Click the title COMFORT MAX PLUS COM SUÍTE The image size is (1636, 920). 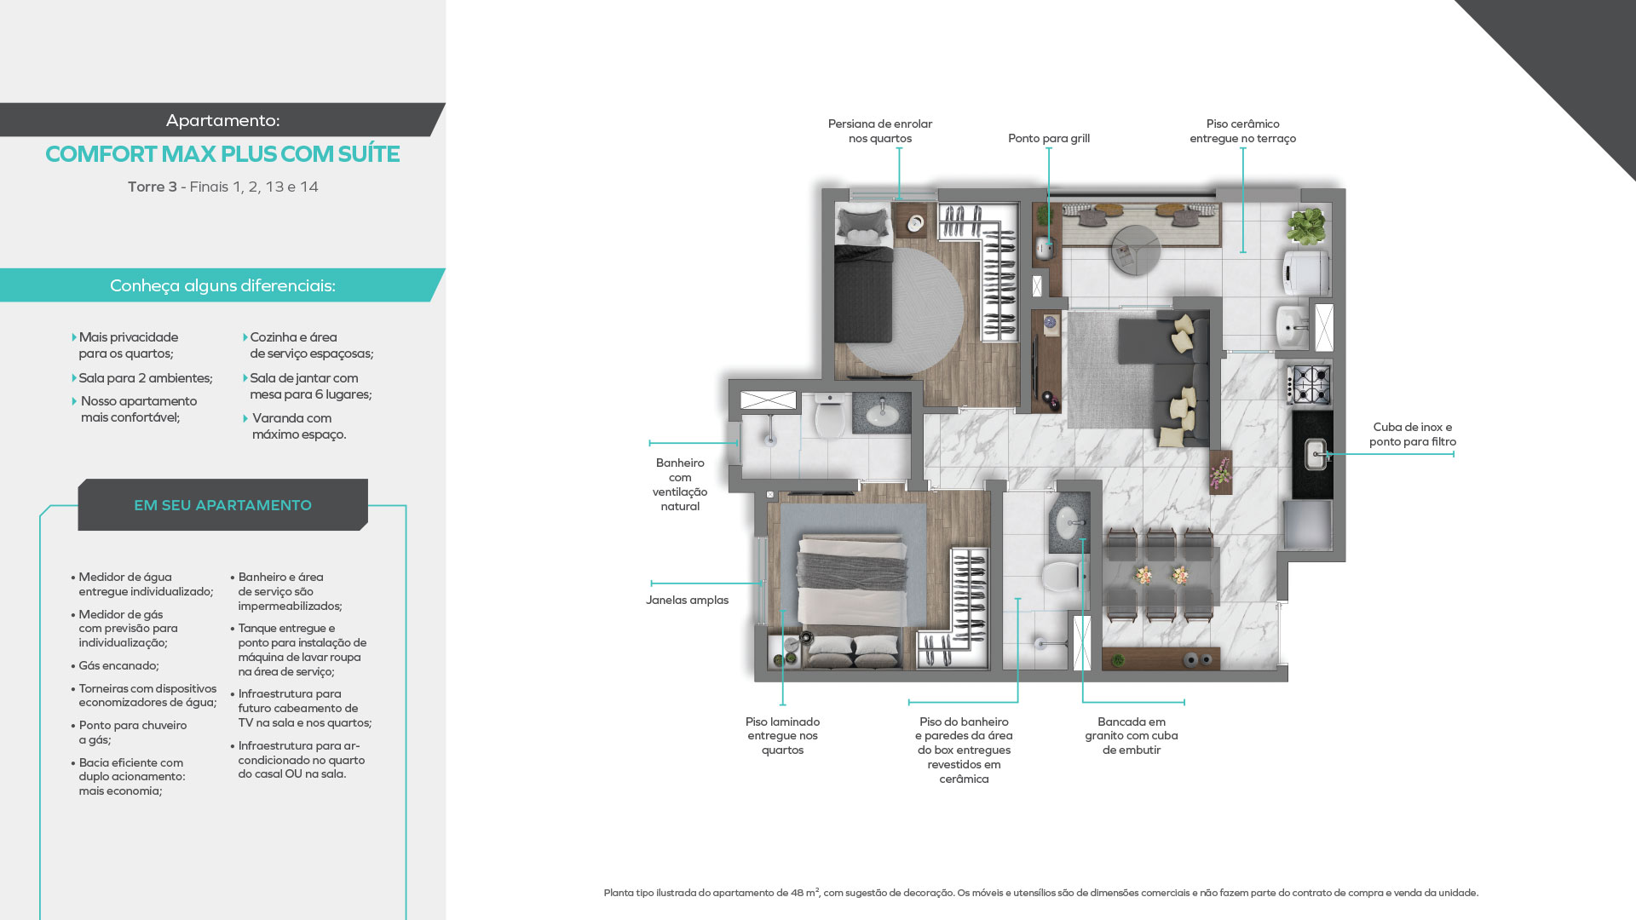pos(222,154)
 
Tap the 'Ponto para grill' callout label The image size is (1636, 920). pos(1049,138)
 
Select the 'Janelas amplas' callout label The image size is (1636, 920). pos(687,600)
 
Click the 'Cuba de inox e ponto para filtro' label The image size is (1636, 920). pos(1413,434)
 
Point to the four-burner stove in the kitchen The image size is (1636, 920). pos(1310,384)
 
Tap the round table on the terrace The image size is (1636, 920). pos(1135,249)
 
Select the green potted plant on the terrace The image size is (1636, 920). pos(1306,227)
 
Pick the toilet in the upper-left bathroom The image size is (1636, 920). pos(829,415)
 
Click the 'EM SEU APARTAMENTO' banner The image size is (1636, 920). pos(222,505)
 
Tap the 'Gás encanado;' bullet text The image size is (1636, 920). pos(118,665)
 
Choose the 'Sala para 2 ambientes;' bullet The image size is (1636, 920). pos(146,378)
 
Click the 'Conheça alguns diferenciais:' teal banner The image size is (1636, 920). pos(222,285)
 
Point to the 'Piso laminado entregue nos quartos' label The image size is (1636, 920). pos(782,736)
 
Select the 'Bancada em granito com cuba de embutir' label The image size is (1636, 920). pos(1132,736)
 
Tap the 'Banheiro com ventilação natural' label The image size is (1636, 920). pos(680,485)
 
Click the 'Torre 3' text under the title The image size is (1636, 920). pos(152,187)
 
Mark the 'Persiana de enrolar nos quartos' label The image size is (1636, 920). pos(880,131)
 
